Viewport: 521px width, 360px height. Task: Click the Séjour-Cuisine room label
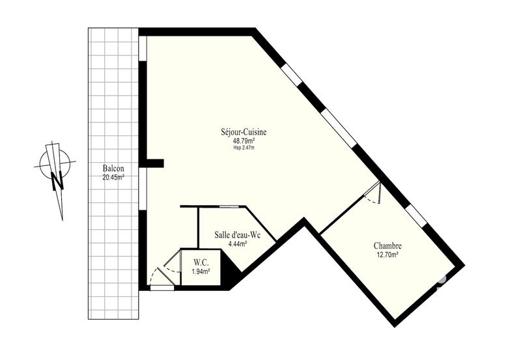click(244, 132)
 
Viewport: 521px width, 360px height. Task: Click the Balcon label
click(113, 169)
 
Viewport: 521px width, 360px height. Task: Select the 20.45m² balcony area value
click(113, 176)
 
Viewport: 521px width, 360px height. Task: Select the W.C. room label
click(200, 262)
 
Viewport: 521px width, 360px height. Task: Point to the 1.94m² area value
click(200, 270)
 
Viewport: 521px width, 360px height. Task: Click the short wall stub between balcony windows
click(154, 162)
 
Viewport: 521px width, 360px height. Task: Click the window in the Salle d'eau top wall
click(228, 207)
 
